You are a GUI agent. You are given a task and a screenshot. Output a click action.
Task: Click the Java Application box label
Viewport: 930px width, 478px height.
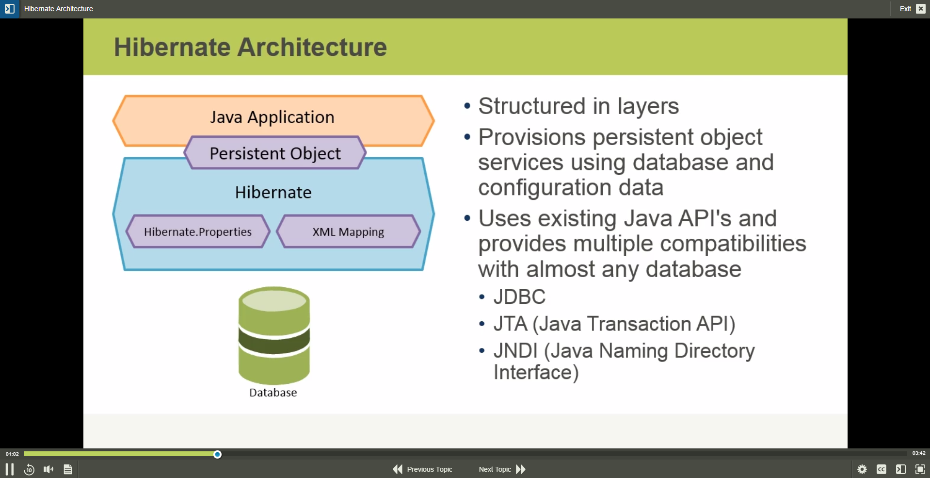pos(272,117)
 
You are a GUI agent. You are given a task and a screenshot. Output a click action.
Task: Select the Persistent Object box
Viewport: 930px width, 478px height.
pos(275,153)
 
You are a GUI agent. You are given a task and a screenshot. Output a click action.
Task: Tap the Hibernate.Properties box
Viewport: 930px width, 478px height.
pos(198,232)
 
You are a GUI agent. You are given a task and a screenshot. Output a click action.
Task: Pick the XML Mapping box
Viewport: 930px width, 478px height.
pos(348,232)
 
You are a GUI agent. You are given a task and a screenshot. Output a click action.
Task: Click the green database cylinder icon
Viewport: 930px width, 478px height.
pos(274,335)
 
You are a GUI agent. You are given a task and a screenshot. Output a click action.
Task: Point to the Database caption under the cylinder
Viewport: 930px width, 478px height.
pos(273,393)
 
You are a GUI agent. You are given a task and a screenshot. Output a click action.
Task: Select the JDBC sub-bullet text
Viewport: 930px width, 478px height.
pos(519,297)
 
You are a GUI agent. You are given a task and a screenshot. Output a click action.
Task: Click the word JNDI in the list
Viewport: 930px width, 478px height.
pos(515,351)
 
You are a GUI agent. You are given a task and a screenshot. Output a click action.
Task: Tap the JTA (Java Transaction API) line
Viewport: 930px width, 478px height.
pos(614,324)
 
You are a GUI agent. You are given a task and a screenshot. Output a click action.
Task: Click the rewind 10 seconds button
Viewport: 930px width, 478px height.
pos(29,469)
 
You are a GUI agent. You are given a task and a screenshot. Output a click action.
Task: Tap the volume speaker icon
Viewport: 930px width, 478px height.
pos(48,469)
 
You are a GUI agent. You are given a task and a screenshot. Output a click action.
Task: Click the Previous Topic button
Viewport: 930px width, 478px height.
pos(422,469)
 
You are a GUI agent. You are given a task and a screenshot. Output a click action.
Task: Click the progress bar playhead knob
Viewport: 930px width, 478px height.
pos(218,454)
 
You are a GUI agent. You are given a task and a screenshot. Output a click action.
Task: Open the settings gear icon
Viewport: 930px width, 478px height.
pos(862,469)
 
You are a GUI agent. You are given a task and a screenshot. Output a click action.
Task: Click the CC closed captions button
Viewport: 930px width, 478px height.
pos(881,469)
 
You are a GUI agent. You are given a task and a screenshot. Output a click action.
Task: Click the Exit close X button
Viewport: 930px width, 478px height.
pos(920,9)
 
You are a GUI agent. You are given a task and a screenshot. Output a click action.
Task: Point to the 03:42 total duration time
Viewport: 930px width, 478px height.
pos(918,453)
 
